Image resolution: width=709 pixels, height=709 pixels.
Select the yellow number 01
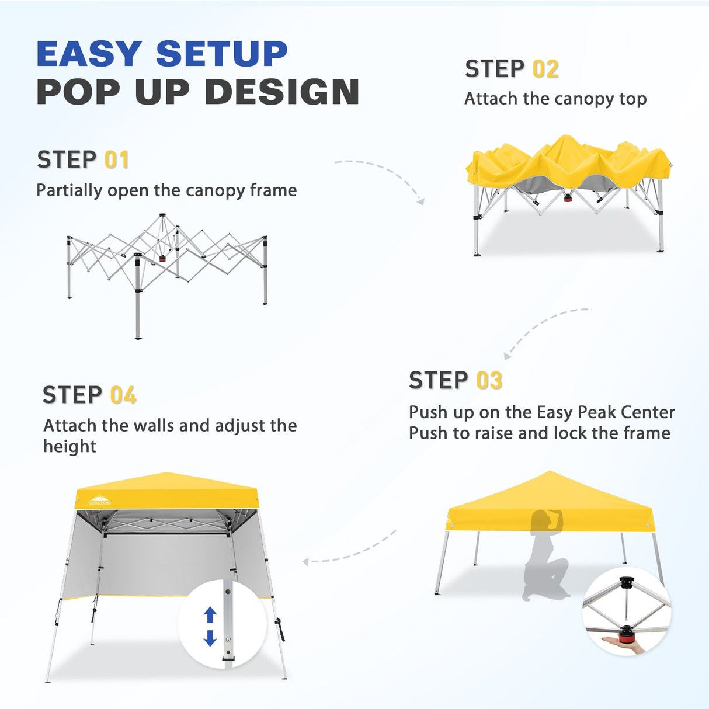116,160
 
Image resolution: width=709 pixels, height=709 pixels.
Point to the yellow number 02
545,69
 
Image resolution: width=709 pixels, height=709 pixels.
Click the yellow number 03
489,380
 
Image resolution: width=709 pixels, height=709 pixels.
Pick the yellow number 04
123,395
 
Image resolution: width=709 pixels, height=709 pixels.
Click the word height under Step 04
69,447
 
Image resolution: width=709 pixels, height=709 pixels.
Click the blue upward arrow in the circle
210,614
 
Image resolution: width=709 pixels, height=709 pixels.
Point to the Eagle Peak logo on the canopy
99,499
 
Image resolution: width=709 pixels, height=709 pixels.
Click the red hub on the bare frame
162,258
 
